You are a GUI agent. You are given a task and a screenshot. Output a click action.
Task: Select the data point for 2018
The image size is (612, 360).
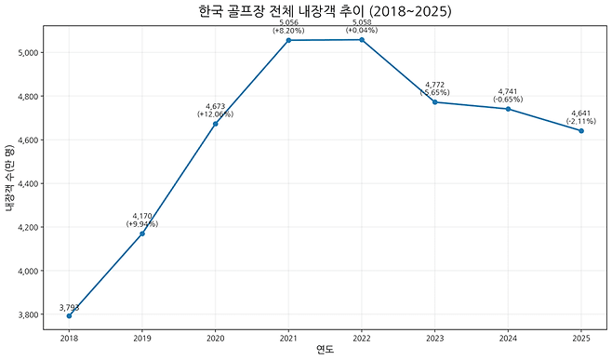pos(69,316)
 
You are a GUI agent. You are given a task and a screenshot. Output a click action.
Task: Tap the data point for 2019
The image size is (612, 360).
pos(142,233)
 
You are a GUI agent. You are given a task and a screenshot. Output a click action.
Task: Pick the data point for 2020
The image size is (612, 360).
pos(215,124)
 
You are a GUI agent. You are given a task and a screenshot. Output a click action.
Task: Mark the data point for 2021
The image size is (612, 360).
pos(288,40)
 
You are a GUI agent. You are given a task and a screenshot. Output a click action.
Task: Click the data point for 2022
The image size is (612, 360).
pos(362,40)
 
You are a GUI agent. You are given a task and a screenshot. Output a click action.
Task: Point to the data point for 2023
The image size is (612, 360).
pos(434,102)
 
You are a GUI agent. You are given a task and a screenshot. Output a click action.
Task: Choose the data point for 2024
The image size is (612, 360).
pos(508,109)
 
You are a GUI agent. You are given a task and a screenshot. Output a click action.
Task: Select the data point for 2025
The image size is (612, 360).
pos(581,131)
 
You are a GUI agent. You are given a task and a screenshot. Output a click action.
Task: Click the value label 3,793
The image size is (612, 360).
pos(69,308)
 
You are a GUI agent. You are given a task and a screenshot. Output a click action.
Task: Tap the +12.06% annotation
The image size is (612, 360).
pos(215,114)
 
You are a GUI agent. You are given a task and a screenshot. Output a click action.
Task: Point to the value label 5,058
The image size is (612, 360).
pos(362,22)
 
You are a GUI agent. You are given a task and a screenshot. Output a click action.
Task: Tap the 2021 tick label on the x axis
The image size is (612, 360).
pos(288,337)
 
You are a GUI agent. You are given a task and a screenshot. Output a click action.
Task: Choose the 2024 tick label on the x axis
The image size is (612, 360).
pos(508,337)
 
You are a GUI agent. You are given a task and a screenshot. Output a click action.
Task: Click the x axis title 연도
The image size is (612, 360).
pos(325,351)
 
